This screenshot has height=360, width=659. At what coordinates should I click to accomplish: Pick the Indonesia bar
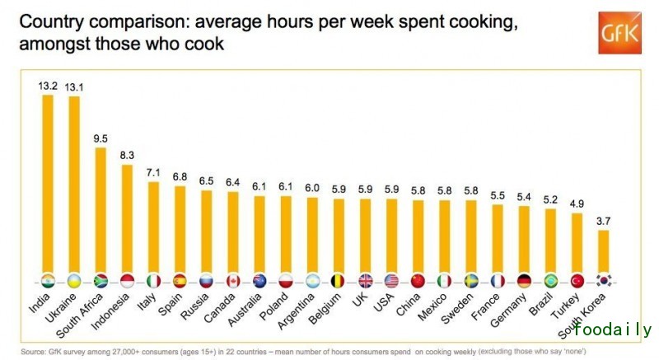127,217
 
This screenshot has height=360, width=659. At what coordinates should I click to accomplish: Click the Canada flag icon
232,279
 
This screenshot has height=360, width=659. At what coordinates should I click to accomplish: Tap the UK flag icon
365,279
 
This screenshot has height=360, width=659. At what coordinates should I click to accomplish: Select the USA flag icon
391,279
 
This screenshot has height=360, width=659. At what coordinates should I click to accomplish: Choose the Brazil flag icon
550,279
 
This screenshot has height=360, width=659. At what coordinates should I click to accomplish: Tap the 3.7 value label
603,222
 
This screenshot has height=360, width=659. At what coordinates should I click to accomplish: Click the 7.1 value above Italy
153,173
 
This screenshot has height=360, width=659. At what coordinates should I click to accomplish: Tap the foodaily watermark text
613,330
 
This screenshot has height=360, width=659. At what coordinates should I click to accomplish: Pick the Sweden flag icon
471,279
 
